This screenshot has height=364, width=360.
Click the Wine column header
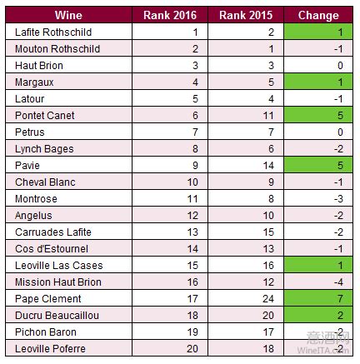pos(68,15)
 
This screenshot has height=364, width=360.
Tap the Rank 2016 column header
pos(170,15)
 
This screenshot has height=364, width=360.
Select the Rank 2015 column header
pos(246,15)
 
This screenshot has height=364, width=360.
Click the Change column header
pos(318,15)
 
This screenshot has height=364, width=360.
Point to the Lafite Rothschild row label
pos(53,32)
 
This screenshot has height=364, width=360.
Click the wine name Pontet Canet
pos(45,116)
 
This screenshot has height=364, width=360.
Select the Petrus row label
pos(30,132)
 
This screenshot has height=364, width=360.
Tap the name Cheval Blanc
pos(45,182)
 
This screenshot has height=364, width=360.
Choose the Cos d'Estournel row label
pos(52,249)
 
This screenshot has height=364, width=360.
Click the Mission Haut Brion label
pos(58,282)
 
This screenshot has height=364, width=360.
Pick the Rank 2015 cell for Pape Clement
pos(246,298)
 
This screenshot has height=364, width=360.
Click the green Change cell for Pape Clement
pos(318,298)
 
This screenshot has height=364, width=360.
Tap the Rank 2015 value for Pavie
pos(268,166)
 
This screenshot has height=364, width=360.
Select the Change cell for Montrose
pos(318,198)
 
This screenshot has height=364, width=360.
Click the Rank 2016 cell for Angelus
pos(170,215)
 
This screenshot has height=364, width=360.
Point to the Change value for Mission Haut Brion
pos(339,282)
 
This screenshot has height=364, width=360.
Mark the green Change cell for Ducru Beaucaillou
pos(318,315)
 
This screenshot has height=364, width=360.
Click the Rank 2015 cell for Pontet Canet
pos(246,115)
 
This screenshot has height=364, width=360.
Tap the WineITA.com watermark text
pos(322,350)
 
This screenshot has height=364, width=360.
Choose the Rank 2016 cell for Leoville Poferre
pos(170,348)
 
